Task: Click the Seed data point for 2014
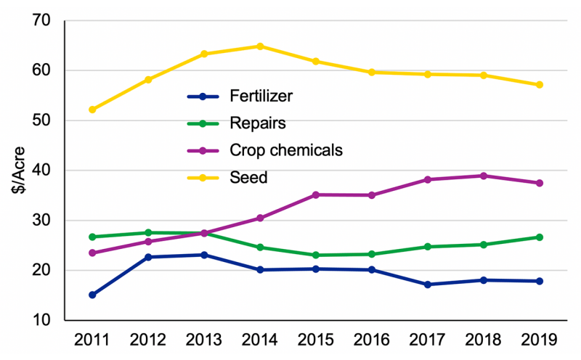[x=260, y=46]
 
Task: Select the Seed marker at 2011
[x=92, y=110]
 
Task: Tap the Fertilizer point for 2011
[x=92, y=295]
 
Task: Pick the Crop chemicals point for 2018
[x=484, y=176]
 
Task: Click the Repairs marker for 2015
[x=316, y=255]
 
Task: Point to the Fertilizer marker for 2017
[x=428, y=285]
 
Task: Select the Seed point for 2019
[x=540, y=85]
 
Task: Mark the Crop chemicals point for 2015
[x=316, y=195]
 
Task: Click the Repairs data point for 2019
[x=540, y=237]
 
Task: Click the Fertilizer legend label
[x=261, y=96]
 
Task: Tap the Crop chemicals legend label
[x=285, y=150]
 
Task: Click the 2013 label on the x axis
[x=204, y=340]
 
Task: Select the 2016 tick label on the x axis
[x=372, y=340]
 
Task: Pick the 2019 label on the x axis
[x=540, y=340]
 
